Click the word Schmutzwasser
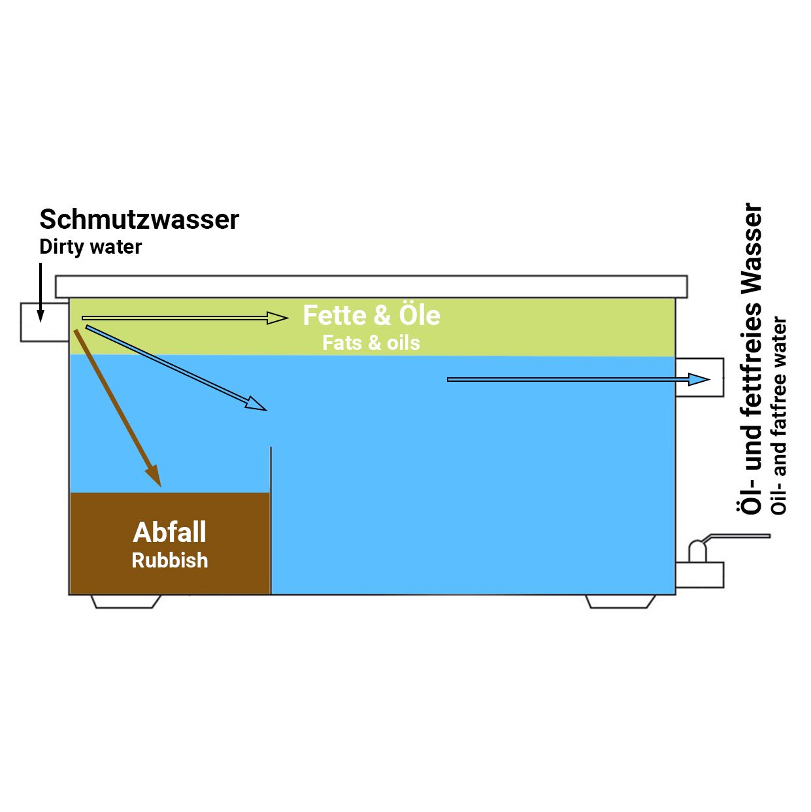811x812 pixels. [139, 220]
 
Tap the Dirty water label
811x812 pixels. [90, 247]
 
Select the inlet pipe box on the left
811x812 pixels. [44, 322]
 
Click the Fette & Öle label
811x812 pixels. [371, 315]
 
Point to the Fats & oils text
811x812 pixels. [371, 343]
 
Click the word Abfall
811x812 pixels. [170, 532]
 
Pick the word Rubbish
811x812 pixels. [170, 560]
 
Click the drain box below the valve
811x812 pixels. [700, 574]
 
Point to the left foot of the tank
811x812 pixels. [126, 601]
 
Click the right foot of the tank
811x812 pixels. [620, 601]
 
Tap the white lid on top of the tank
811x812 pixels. [371, 286]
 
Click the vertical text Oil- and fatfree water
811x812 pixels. [780, 416]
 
